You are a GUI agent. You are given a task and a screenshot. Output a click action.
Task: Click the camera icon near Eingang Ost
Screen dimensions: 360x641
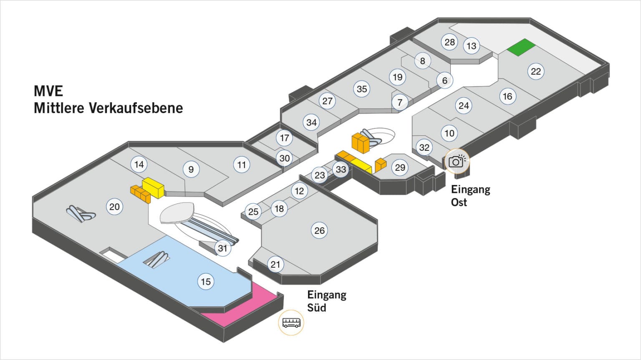click(x=457, y=161)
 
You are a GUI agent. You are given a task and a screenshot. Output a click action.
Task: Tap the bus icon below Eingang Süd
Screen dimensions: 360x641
click(x=291, y=322)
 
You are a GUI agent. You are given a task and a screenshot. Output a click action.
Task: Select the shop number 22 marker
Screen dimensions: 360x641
click(x=535, y=71)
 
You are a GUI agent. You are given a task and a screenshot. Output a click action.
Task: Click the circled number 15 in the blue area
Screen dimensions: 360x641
click(x=206, y=281)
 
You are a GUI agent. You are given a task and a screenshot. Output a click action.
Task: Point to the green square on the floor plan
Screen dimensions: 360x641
click(x=521, y=47)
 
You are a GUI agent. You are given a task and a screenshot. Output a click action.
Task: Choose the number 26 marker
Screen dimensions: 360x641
click(x=319, y=231)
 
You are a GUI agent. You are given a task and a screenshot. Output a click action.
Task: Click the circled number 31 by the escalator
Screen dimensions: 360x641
click(x=222, y=248)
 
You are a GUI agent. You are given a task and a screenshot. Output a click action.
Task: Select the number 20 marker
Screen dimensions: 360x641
click(x=114, y=207)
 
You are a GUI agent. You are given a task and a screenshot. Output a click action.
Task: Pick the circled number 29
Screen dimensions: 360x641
click(x=400, y=167)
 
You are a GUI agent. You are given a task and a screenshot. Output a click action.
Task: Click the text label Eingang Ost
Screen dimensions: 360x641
click(x=470, y=196)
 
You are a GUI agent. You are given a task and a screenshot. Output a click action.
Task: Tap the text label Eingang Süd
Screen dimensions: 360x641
click(x=327, y=301)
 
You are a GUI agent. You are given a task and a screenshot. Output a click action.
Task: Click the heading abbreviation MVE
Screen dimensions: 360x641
click(x=48, y=91)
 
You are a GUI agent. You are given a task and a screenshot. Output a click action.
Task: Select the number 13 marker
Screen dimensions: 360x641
click(x=471, y=46)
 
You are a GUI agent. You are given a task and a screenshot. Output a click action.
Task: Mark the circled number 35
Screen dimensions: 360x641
click(x=362, y=89)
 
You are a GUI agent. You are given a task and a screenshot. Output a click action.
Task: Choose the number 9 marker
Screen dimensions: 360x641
click(x=191, y=169)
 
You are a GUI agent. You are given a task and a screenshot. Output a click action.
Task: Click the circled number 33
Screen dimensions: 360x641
click(x=341, y=169)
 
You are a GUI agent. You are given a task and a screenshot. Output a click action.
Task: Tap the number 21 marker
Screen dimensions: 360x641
click(x=275, y=264)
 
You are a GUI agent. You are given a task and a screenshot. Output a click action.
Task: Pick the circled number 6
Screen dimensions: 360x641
click(x=444, y=80)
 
